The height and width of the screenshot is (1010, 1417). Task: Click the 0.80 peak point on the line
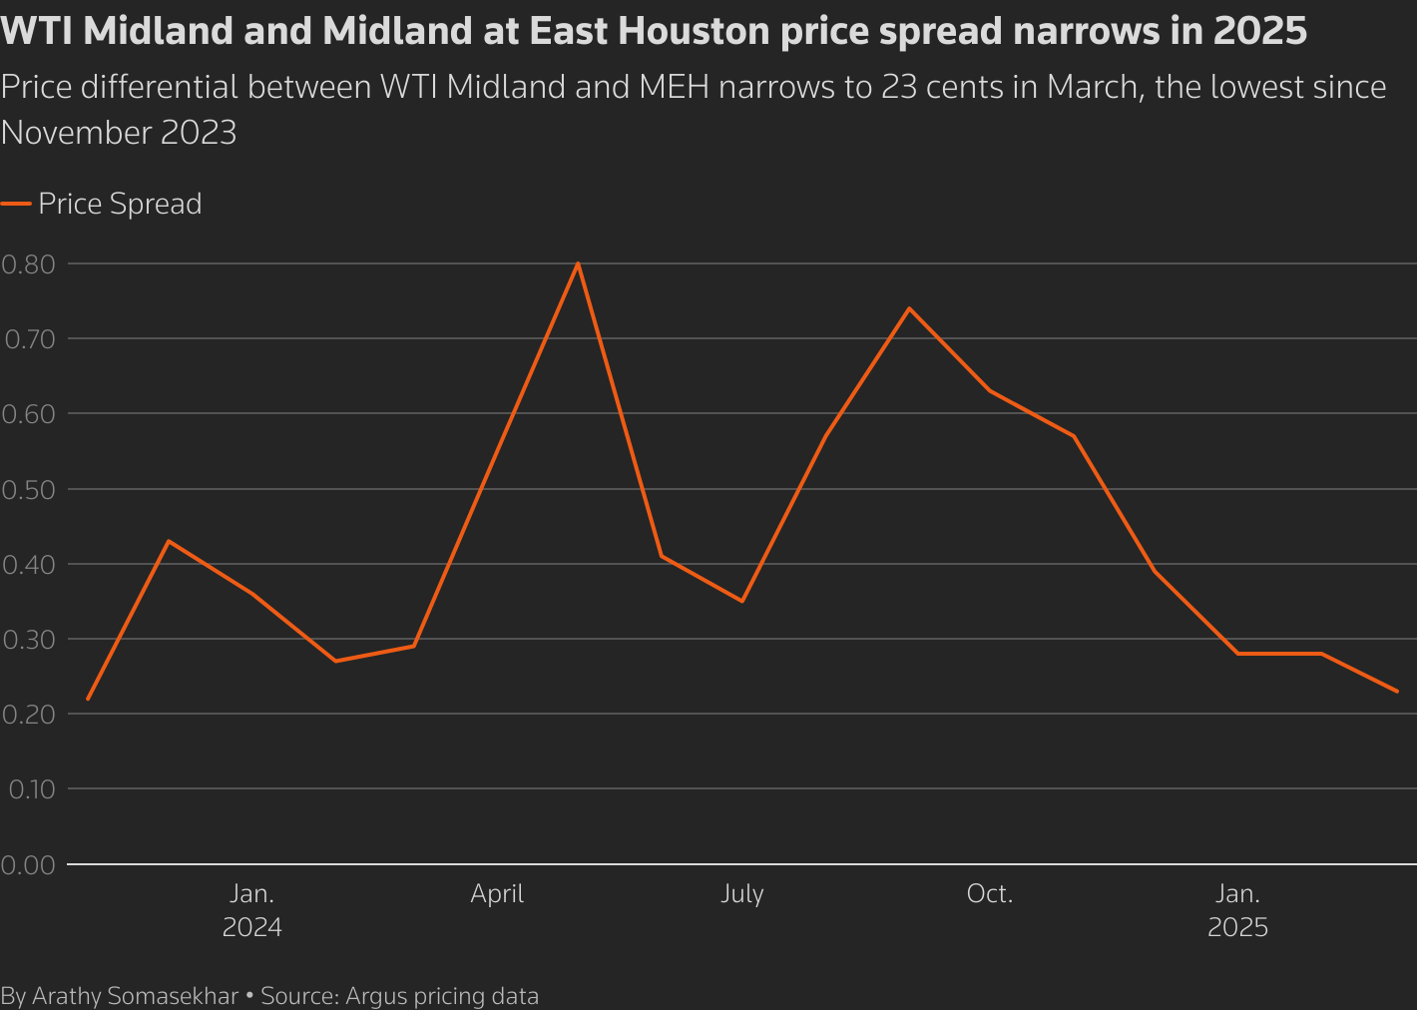pyautogui.click(x=578, y=264)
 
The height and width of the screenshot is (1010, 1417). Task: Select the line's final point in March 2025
pyautogui.click(x=1397, y=691)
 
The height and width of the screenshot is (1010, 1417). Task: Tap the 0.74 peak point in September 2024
pyautogui.click(x=908, y=308)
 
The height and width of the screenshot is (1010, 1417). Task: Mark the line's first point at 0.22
pyautogui.click(x=88, y=699)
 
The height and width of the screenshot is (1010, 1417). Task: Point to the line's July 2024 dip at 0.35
pyautogui.click(x=742, y=601)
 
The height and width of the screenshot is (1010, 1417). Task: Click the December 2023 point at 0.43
pyautogui.click(x=169, y=541)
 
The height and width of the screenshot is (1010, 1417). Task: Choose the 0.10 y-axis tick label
pyautogui.click(x=31, y=789)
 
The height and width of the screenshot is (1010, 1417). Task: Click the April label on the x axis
pyautogui.click(x=497, y=893)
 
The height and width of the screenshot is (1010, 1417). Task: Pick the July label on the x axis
pyautogui.click(x=742, y=893)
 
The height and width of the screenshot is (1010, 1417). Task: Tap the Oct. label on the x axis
pyautogui.click(x=990, y=893)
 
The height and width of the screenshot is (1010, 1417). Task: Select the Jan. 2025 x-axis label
pyautogui.click(x=1237, y=910)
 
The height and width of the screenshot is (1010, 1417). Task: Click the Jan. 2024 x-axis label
pyautogui.click(x=251, y=910)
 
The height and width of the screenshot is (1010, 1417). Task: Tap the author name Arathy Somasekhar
pyautogui.click(x=135, y=996)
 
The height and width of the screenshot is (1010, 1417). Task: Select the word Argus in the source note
pyautogui.click(x=376, y=996)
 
